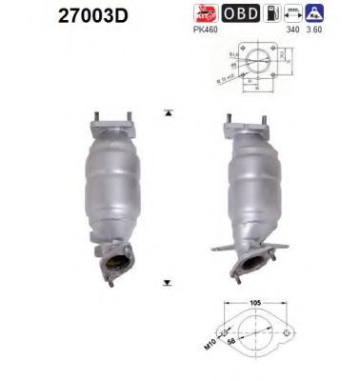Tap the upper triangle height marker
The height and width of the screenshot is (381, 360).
(x=169, y=112)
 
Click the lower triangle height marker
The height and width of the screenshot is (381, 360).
(x=169, y=283)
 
